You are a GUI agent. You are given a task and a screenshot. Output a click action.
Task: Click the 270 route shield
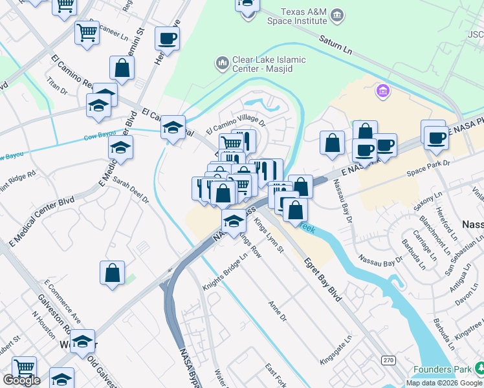388,360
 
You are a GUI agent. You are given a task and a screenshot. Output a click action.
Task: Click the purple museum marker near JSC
382,92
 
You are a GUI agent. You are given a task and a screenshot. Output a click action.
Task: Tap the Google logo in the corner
21,380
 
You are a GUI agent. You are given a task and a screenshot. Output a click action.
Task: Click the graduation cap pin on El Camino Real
173,127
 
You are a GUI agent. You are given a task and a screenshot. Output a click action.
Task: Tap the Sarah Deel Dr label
130,191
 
